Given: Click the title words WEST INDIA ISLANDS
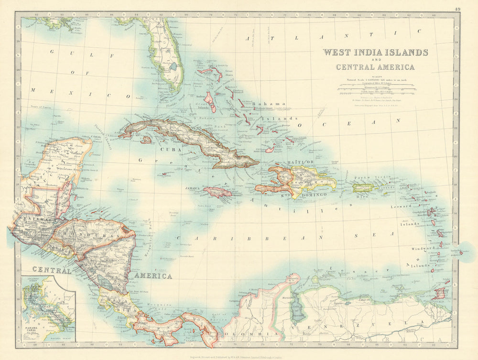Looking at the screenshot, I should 375,52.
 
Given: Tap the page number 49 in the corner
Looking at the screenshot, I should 458,8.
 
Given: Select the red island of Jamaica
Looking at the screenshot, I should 217,192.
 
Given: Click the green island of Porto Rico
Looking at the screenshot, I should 363,188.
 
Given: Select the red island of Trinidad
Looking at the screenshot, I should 439,293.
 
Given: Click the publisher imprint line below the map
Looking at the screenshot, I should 239,355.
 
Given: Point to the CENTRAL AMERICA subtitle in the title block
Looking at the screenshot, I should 375,67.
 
